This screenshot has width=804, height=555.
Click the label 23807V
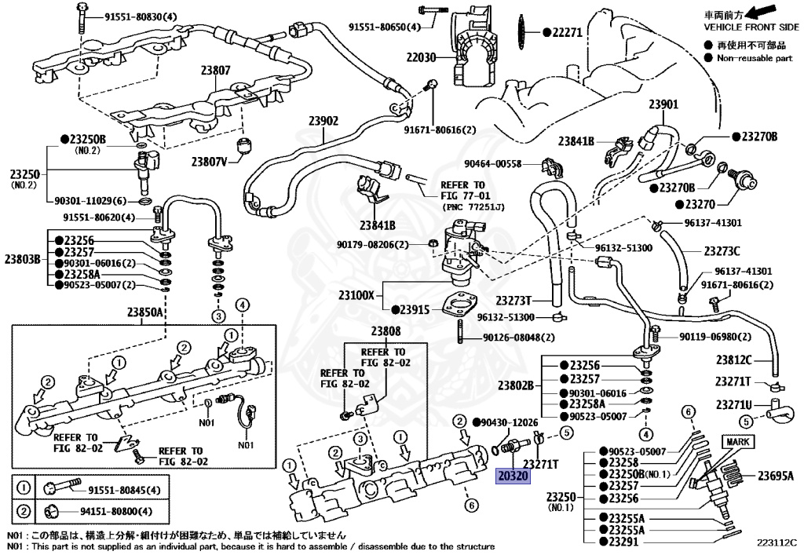click(208, 162)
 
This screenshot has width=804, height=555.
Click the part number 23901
click(663, 104)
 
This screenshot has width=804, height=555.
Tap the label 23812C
click(733, 360)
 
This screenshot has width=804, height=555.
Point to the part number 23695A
click(775, 475)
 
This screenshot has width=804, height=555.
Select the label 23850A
click(145, 312)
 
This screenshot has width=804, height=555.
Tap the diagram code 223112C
click(777, 542)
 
